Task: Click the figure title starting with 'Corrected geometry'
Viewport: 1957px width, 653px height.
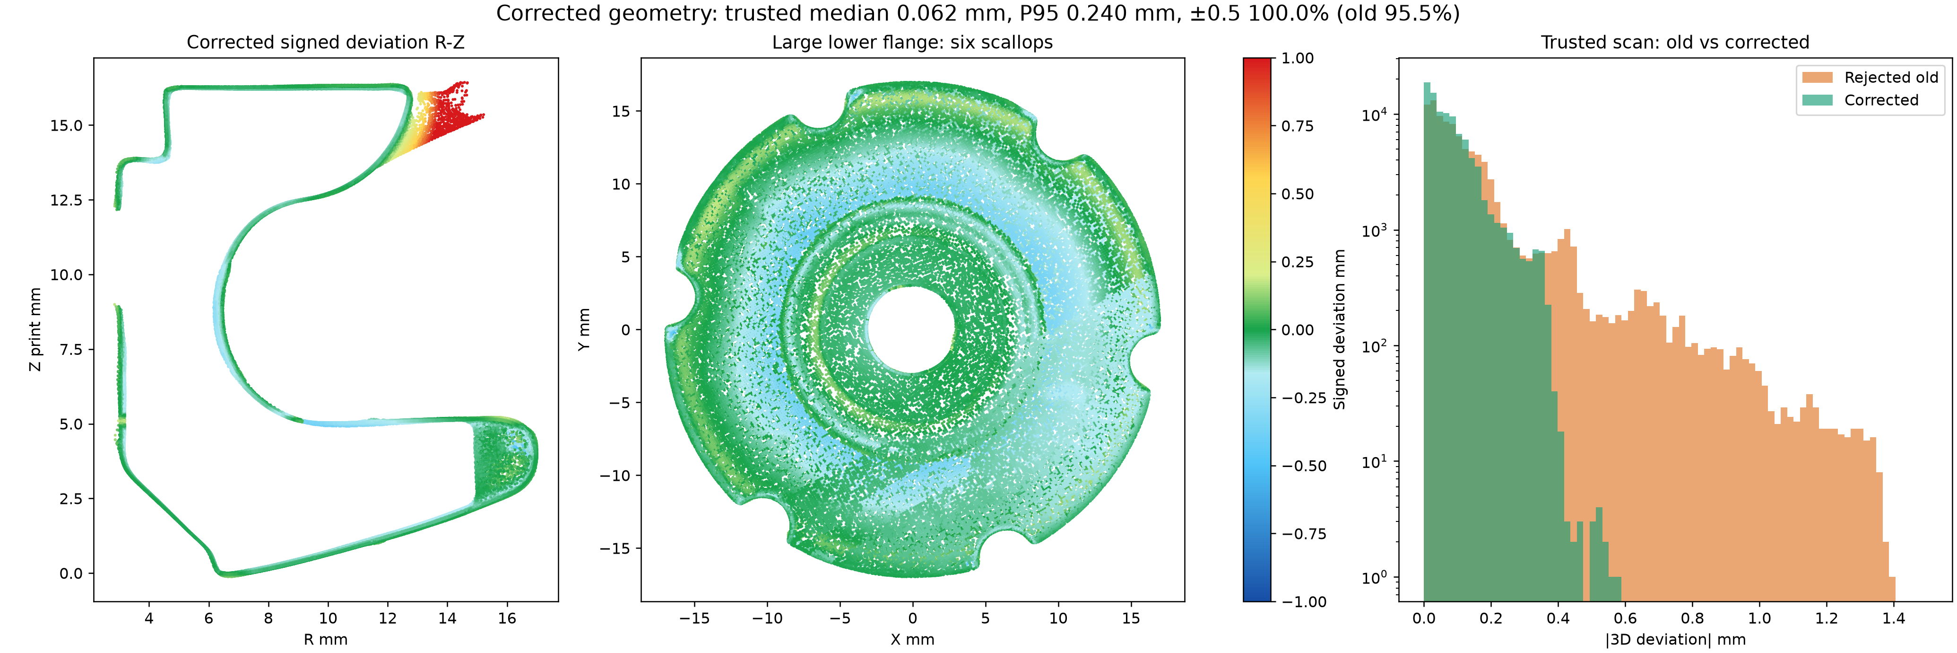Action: point(978,14)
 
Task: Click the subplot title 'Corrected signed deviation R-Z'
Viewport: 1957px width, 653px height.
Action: point(325,43)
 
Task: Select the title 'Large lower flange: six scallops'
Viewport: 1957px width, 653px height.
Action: point(912,43)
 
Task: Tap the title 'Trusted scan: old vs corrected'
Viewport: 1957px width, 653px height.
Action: point(1675,43)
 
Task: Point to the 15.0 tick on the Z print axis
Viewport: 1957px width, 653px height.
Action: point(66,125)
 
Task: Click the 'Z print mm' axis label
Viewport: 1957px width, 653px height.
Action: point(35,329)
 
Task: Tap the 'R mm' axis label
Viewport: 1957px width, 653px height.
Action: point(325,639)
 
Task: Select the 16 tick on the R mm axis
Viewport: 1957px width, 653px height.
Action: point(507,618)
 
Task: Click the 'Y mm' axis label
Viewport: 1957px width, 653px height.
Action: point(583,329)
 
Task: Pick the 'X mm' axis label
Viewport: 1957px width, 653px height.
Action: point(912,639)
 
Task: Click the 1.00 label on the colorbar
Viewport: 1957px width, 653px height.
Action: point(1298,59)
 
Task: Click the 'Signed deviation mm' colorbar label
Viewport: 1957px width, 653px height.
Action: point(1339,329)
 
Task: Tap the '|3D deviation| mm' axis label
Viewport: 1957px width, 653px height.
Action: point(1675,639)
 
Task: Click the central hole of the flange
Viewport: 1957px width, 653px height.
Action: point(911,330)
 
